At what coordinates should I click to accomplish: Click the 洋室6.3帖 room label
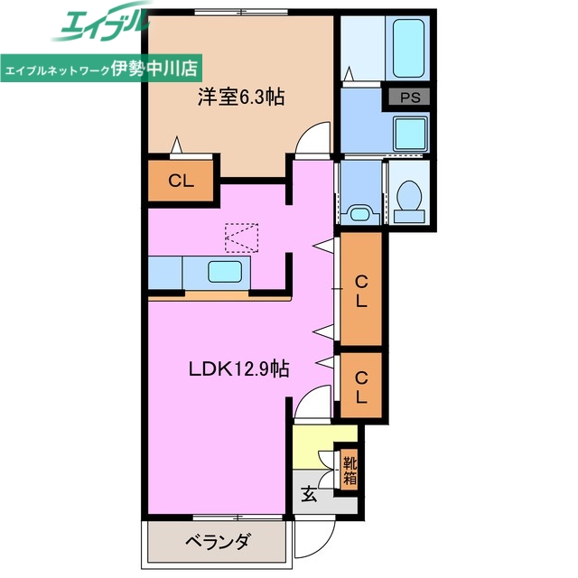tap(240, 97)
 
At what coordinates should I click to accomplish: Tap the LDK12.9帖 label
tap(238, 368)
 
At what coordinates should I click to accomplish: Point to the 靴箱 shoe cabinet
tap(348, 470)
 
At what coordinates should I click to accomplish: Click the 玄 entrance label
tap(309, 493)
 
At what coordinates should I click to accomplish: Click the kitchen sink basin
tap(223, 271)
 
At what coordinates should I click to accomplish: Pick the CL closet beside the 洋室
tap(181, 180)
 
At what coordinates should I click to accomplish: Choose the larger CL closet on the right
tap(360, 291)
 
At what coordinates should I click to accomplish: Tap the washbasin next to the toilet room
tap(359, 214)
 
